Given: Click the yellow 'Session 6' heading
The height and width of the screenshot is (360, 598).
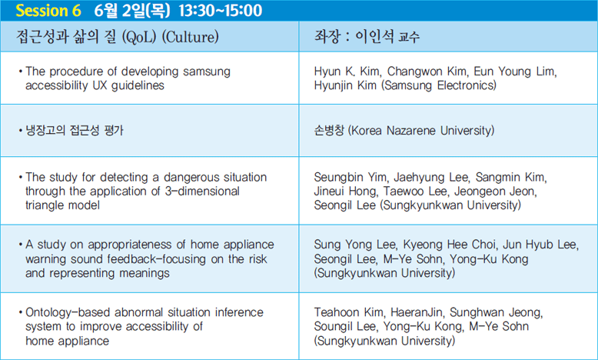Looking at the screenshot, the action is point(48,10).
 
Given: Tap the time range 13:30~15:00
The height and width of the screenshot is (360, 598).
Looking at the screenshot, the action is point(221,10).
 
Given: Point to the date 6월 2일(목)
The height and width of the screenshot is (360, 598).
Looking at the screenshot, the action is point(132,10).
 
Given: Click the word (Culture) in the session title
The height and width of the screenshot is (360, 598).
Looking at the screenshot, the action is point(191,37).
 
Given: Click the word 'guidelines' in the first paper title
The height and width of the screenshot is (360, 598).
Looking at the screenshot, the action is point(138,85).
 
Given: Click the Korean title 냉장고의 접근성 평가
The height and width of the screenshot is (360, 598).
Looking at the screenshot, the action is point(75,131).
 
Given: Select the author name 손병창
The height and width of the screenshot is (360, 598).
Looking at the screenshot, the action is point(329,131).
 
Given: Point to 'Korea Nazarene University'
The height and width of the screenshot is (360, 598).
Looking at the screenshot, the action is point(421,131).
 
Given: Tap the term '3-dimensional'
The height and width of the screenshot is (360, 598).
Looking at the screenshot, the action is point(202,192).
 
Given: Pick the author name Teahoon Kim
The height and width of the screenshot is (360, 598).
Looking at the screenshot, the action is point(349,312).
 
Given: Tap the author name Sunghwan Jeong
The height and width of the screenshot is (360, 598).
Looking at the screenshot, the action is point(497,312).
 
